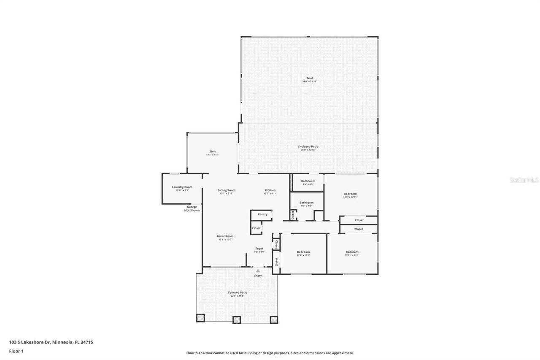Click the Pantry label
[x=262, y=214]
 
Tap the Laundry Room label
[x=182, y=187]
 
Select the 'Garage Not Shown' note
[x=192, y=208]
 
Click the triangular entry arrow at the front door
[x=258, y=271]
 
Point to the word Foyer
[x=259, y=249]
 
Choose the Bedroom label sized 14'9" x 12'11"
[x=350, y=194]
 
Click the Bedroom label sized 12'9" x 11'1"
[x=303, y=252]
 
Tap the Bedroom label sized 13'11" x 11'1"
[x=352, y=252]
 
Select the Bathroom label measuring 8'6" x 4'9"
[x=308, y=181]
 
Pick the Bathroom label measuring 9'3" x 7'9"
[x=306, y=203]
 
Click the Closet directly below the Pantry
[x=256, y=228]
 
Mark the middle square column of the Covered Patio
[x=237, y=319]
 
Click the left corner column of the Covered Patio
[x=200, y=318]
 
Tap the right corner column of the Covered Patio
[x=274, y=319]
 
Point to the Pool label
[x=309, y=78]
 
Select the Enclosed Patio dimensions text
[x=308, y=150]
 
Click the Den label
[x=213, y=152]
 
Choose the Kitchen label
[x=270, y=190]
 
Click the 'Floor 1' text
[x=16, y=351]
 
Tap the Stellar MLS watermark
[x=524, y=180]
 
